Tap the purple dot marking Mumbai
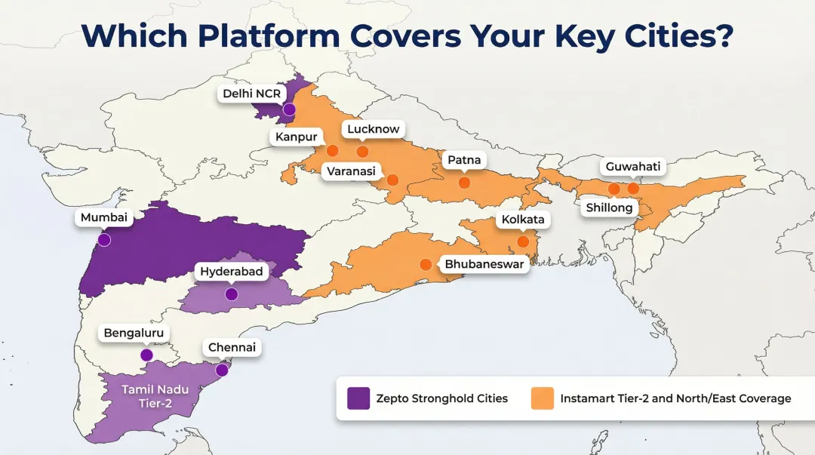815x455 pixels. point(104,240)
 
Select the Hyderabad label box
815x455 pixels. point(232,272)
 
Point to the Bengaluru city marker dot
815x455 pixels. point(146,355)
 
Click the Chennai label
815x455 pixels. point(232,348)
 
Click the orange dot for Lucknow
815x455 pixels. point(362,152)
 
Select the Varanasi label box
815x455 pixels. point(351,171)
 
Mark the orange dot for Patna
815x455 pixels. point(464,183)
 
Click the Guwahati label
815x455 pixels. point(632,166)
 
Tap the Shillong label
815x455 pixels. point(608,208)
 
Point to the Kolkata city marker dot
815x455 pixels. point(522,241)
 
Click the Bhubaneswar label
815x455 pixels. point(484,264)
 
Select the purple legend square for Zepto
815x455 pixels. point(358,398)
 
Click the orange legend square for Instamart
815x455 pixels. point(543,398)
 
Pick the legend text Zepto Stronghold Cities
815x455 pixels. point(442,398)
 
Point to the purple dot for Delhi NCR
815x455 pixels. point(288,109)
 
